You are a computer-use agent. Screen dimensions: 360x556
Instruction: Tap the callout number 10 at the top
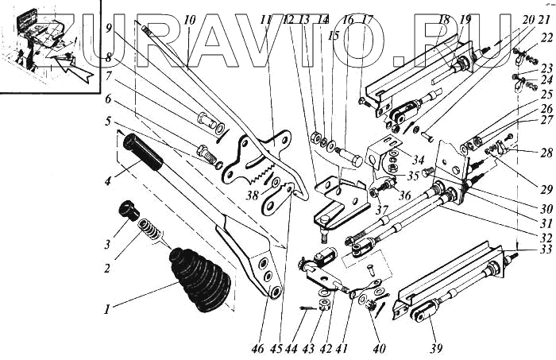coord(189,18)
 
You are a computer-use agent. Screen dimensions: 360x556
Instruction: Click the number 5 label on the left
coord(106,122)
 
